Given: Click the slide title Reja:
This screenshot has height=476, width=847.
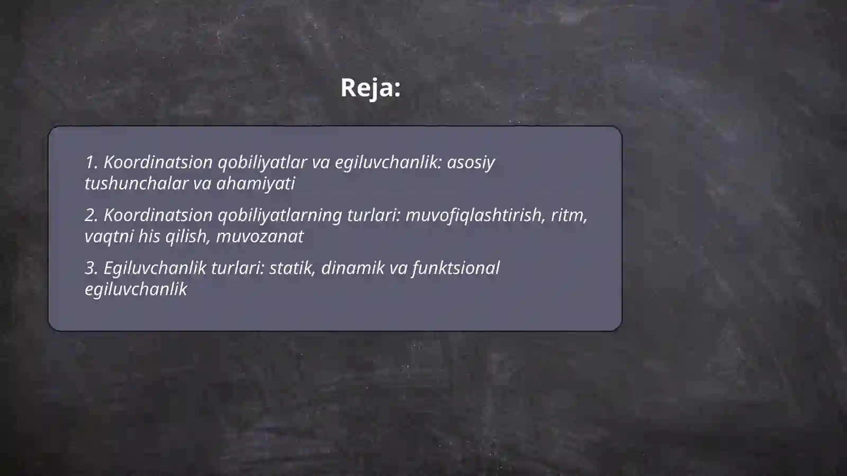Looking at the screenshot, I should click(370, 88).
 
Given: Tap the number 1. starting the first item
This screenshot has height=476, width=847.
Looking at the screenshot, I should click(91, 162).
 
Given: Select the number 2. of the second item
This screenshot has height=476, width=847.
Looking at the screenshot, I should click(91, 215).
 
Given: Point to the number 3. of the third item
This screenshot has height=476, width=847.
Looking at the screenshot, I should click(91, 268).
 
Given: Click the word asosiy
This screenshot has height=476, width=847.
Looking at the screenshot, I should click(471, 162).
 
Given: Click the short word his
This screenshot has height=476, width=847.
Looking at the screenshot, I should click(149, 236).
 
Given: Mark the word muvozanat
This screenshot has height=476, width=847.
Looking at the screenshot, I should click(259, 236).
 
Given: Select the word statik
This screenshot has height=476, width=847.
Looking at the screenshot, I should click(292, 268).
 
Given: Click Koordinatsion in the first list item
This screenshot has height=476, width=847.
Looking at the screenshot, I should click(158, 162).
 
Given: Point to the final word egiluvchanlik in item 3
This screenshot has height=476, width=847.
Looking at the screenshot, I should click(136, 289).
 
